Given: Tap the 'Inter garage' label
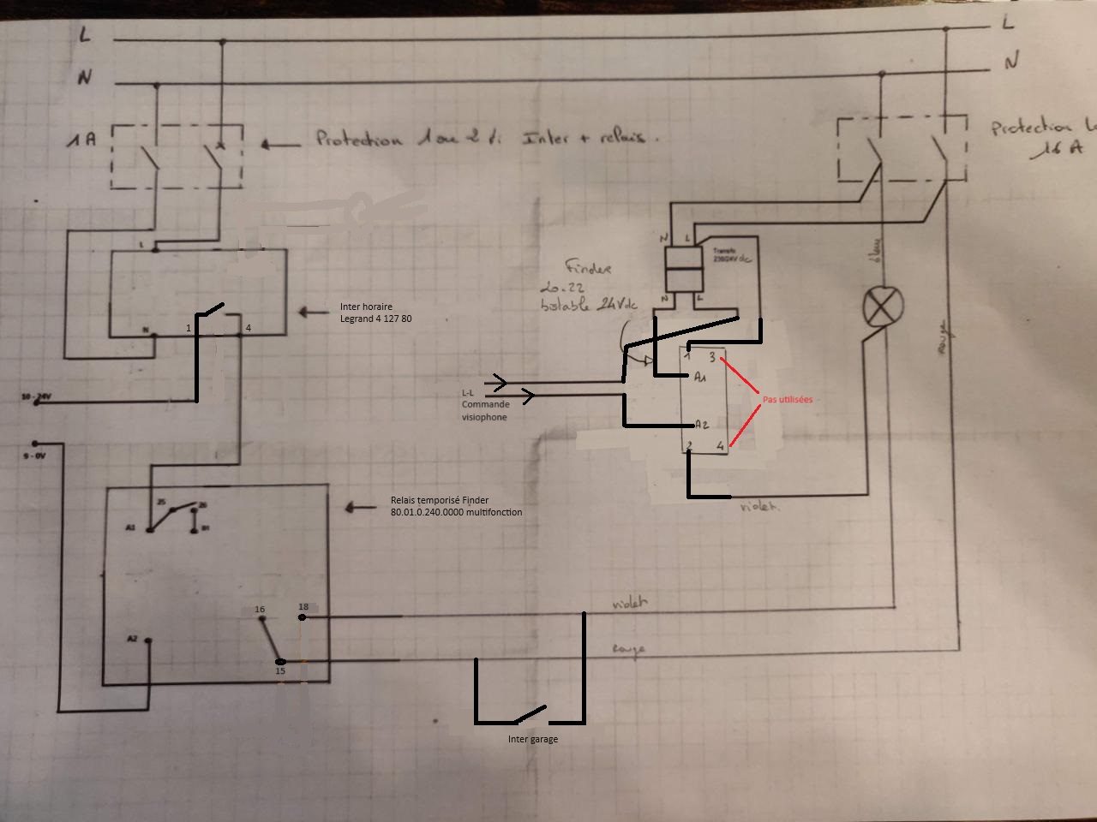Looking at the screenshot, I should pyautogui.click(x=532, y=739).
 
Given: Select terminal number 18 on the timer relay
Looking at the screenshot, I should pyautogui.click(x=303, y=608).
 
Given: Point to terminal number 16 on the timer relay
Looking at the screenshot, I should pyautogui.click(x=260, y=610).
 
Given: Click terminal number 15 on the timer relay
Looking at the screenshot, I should pyautogui.click(x=280, y=670).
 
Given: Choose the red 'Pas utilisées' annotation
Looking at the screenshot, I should pyautogui.click(x=787, y=400).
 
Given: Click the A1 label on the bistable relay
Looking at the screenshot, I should pyautogui.click(x=700, y=377).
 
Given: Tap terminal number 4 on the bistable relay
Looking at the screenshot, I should pyautogui.click(x=720, y=445).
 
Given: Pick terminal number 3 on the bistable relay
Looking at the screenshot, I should pyautogui.click(x=712, y=357).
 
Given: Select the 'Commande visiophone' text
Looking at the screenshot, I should pyautogui.click(x=485, y=410).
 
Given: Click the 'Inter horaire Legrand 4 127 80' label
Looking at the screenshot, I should pyautogui.click(x=375, y=313).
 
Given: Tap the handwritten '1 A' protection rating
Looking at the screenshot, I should pyautogui.click(x=82, y=139).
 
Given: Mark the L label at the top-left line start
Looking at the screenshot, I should pyautogui.click(x=85, y=34).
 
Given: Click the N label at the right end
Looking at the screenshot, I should pyautogui.click(x=1011, y=61).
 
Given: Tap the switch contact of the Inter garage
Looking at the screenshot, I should pyautogui.click(x=528, y=712).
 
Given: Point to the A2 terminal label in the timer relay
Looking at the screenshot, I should pyautogui.click(x=132, y=639).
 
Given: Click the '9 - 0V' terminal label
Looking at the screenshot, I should pyautogui.click(x=34, y=456).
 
